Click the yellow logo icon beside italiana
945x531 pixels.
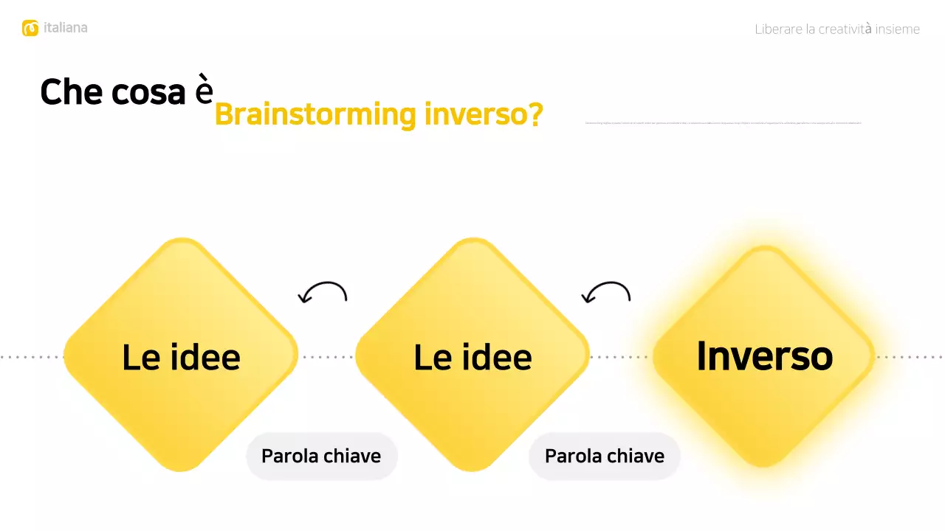(x=30, y=28)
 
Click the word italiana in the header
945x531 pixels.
(x=65, y=28)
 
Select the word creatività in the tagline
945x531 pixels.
(x=845, y=29)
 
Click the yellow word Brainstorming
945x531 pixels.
(x=315, y=115)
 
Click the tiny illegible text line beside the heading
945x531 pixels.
(x=723, y=122)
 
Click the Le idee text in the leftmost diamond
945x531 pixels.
(x=181, y=358)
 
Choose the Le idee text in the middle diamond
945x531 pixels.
(x=472, y=358)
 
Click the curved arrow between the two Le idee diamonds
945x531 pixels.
(x=323, y=293)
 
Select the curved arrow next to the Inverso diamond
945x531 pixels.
(x=606, y=293)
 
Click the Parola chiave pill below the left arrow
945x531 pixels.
(x=321, y=456)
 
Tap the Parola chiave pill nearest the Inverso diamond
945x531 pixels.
(x=605, y=456)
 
